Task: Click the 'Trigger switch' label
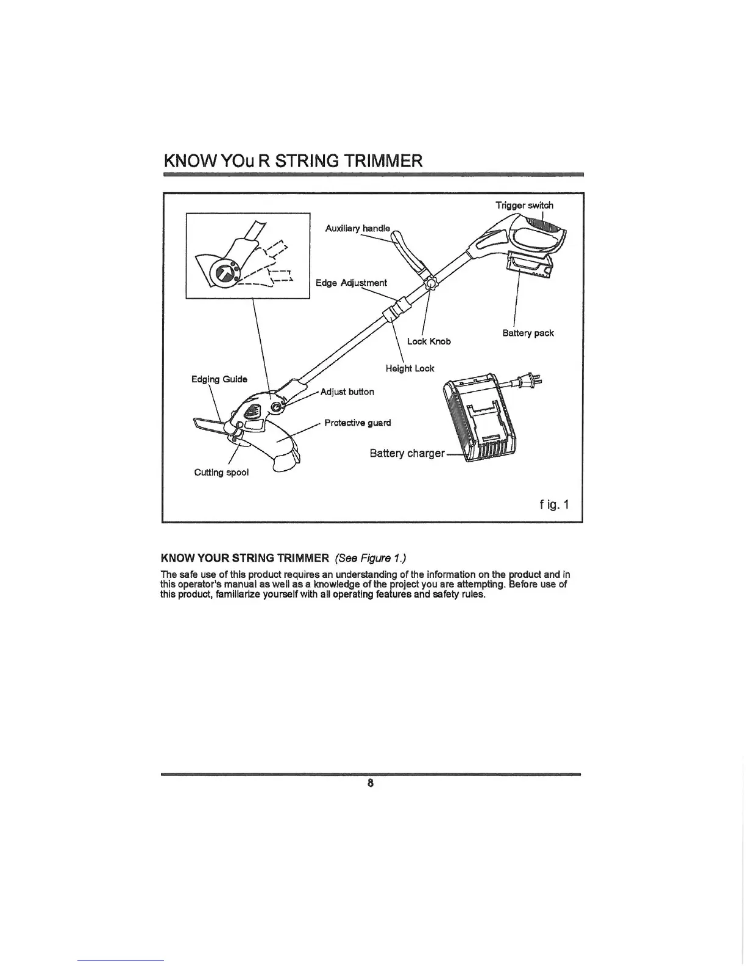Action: pos(524,206)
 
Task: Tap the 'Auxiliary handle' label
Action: pos(358,228)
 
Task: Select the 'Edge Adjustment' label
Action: pos(351,283)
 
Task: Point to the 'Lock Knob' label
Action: pos(429,342)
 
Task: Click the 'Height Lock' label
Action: pos(410,368)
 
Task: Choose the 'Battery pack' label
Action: pos(528,333)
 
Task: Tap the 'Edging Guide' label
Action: pos(219,379)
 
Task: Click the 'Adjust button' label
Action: pos(347,392)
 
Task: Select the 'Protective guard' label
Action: pos(358,423)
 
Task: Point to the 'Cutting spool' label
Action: pos(221,473)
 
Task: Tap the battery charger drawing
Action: pos(481,421)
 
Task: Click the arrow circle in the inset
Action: pos(221,273)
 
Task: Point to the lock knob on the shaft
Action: pos(432,283)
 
